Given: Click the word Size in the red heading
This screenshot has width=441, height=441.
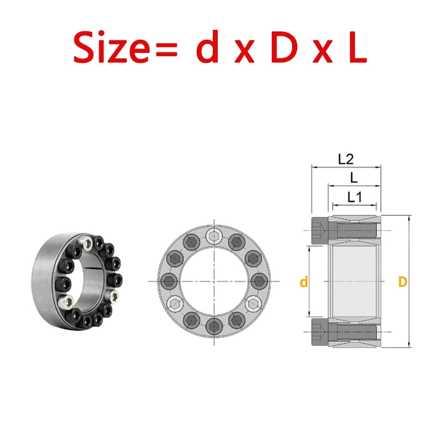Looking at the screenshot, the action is click(x=111, y=47).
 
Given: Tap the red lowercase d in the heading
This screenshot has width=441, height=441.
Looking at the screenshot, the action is click(x=208, y=46).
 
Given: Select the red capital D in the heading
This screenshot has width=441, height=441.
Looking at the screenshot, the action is click(x=284, y=47).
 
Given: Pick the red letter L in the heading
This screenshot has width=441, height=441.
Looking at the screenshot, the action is click(x=358, y=47).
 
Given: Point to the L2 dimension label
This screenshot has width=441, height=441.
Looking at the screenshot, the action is click(x=346, y=159).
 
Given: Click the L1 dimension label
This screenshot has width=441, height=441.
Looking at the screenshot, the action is click(x=354, y=197).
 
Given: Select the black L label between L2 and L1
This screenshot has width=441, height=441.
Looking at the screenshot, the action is click(x=353, y=178).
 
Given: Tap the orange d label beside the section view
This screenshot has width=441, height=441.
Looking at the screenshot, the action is click(x=304, y=282).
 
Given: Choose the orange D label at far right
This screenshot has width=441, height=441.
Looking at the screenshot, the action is click(x=403, y=282).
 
